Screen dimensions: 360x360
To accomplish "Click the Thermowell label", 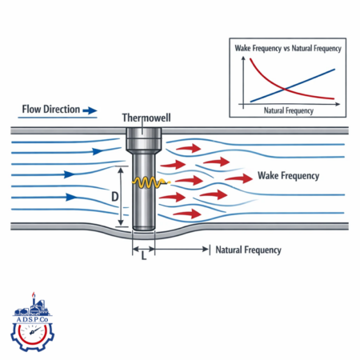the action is coord(146,118).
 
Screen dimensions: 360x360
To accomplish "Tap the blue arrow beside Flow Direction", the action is coord(90,110).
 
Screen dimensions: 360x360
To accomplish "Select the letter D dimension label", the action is coord(114,197).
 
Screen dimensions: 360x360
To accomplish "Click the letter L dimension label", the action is coord(144,256).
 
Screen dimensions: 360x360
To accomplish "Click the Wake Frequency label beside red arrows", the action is coord(288,176).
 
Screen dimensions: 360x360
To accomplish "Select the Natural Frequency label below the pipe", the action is coord(248,250).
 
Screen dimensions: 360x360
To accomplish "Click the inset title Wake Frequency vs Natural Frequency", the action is coord(288,48).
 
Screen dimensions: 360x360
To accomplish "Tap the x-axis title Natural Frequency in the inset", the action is coord(289,110).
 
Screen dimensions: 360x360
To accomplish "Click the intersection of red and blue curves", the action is coord(285,89).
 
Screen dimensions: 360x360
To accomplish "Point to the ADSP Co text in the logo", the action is coord(32,319).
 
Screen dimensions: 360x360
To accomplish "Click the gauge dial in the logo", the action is coord(33,333).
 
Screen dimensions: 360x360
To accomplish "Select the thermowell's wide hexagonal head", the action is coord(144,139).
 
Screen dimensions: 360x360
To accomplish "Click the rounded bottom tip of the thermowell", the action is coord(144,228).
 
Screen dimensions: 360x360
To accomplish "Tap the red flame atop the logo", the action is coord(34,294).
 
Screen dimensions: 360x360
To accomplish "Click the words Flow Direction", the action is coord(51,110).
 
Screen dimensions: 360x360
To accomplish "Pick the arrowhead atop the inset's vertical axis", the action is coord(243,58).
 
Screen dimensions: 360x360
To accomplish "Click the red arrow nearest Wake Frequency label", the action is coord(238,178).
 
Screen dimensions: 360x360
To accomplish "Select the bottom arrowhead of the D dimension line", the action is coord(121,222).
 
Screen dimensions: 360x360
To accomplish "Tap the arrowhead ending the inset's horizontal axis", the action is coord(338,104).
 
